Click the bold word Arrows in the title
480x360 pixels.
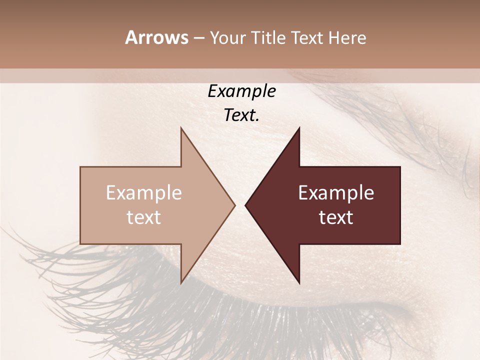point(156,37)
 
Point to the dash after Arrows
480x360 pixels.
point(198,38)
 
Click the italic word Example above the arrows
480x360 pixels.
point(241,91)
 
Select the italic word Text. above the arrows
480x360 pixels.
point(241,115)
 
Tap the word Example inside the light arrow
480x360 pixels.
point(144,192)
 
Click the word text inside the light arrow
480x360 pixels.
point(144,217)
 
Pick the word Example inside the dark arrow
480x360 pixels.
point(336,192)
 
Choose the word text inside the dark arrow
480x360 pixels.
point(336,217)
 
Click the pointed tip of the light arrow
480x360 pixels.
point(234,205)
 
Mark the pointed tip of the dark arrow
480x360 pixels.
point(245,205)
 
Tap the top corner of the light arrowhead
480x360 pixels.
point(181,128)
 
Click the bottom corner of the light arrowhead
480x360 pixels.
point(181,283)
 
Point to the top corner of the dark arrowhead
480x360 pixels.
point(299,128)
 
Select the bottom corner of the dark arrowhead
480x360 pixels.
point(299,283)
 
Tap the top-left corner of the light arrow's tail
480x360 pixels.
point(80,167)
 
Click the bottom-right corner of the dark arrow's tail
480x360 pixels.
point(400,244)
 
